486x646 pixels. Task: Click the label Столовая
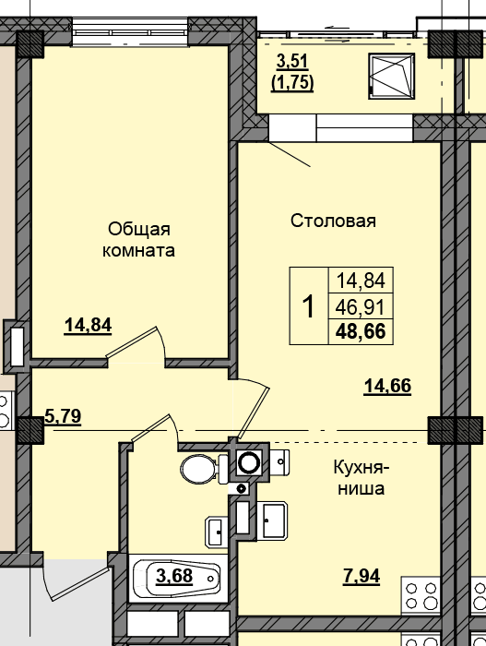tap(333, 221)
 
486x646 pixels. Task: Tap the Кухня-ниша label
tap(362, 478)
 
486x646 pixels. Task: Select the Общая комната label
tap(138, 239)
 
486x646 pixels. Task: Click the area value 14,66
tap(387, 387)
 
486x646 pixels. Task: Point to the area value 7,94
tap(362, 576)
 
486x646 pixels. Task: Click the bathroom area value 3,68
tap(174, 575)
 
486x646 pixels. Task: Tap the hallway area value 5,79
tap(63, 416)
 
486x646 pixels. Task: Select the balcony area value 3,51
tap(292, 62)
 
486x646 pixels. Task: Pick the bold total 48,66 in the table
tap(361, 331)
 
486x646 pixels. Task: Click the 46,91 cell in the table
tap(361, 307)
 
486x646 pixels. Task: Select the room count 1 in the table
tap(309, 306)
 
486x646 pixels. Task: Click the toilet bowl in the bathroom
tap(204, 469)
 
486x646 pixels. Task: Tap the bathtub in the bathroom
tap(178, 578)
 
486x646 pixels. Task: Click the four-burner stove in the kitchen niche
tap(421, 596)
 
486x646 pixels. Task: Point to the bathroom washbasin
tap(216, 532)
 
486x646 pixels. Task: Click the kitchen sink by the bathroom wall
tap(272, 520)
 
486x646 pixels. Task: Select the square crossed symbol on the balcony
tap(391, 77)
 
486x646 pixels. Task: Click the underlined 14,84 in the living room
tap(89, 326)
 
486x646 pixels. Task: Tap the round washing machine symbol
tap(249, 462)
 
